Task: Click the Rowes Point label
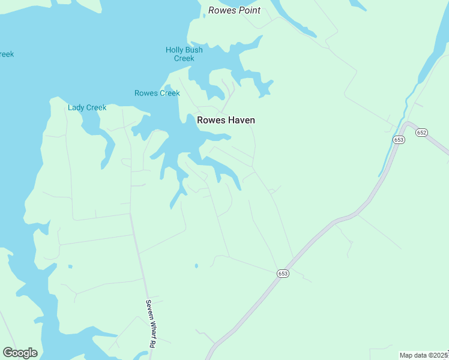234,10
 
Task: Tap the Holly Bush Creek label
184,54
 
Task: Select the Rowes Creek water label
157,93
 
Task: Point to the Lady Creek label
87,107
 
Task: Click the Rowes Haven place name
226,120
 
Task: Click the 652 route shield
421,133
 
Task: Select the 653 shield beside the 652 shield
399,139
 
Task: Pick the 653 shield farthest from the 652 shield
283,273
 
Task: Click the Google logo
20,353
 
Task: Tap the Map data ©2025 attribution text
424,355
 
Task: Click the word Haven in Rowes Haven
240,120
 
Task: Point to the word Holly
174,50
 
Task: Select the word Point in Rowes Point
249,10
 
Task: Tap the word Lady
76,107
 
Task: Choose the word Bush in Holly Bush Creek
194,50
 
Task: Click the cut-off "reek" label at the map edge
6,54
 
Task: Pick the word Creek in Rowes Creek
169,93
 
